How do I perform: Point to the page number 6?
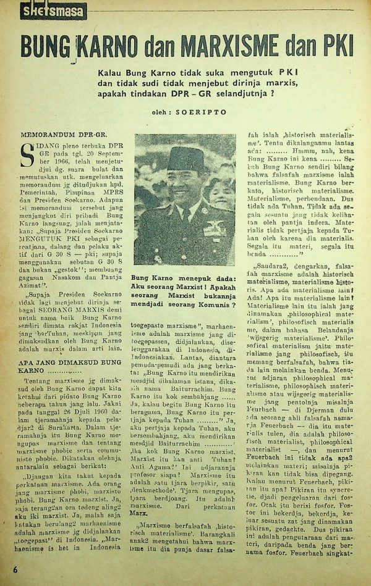(x=7, y=569)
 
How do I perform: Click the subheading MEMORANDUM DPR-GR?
(x=54, y=133)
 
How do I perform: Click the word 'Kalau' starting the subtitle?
(x=111, y=73)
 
